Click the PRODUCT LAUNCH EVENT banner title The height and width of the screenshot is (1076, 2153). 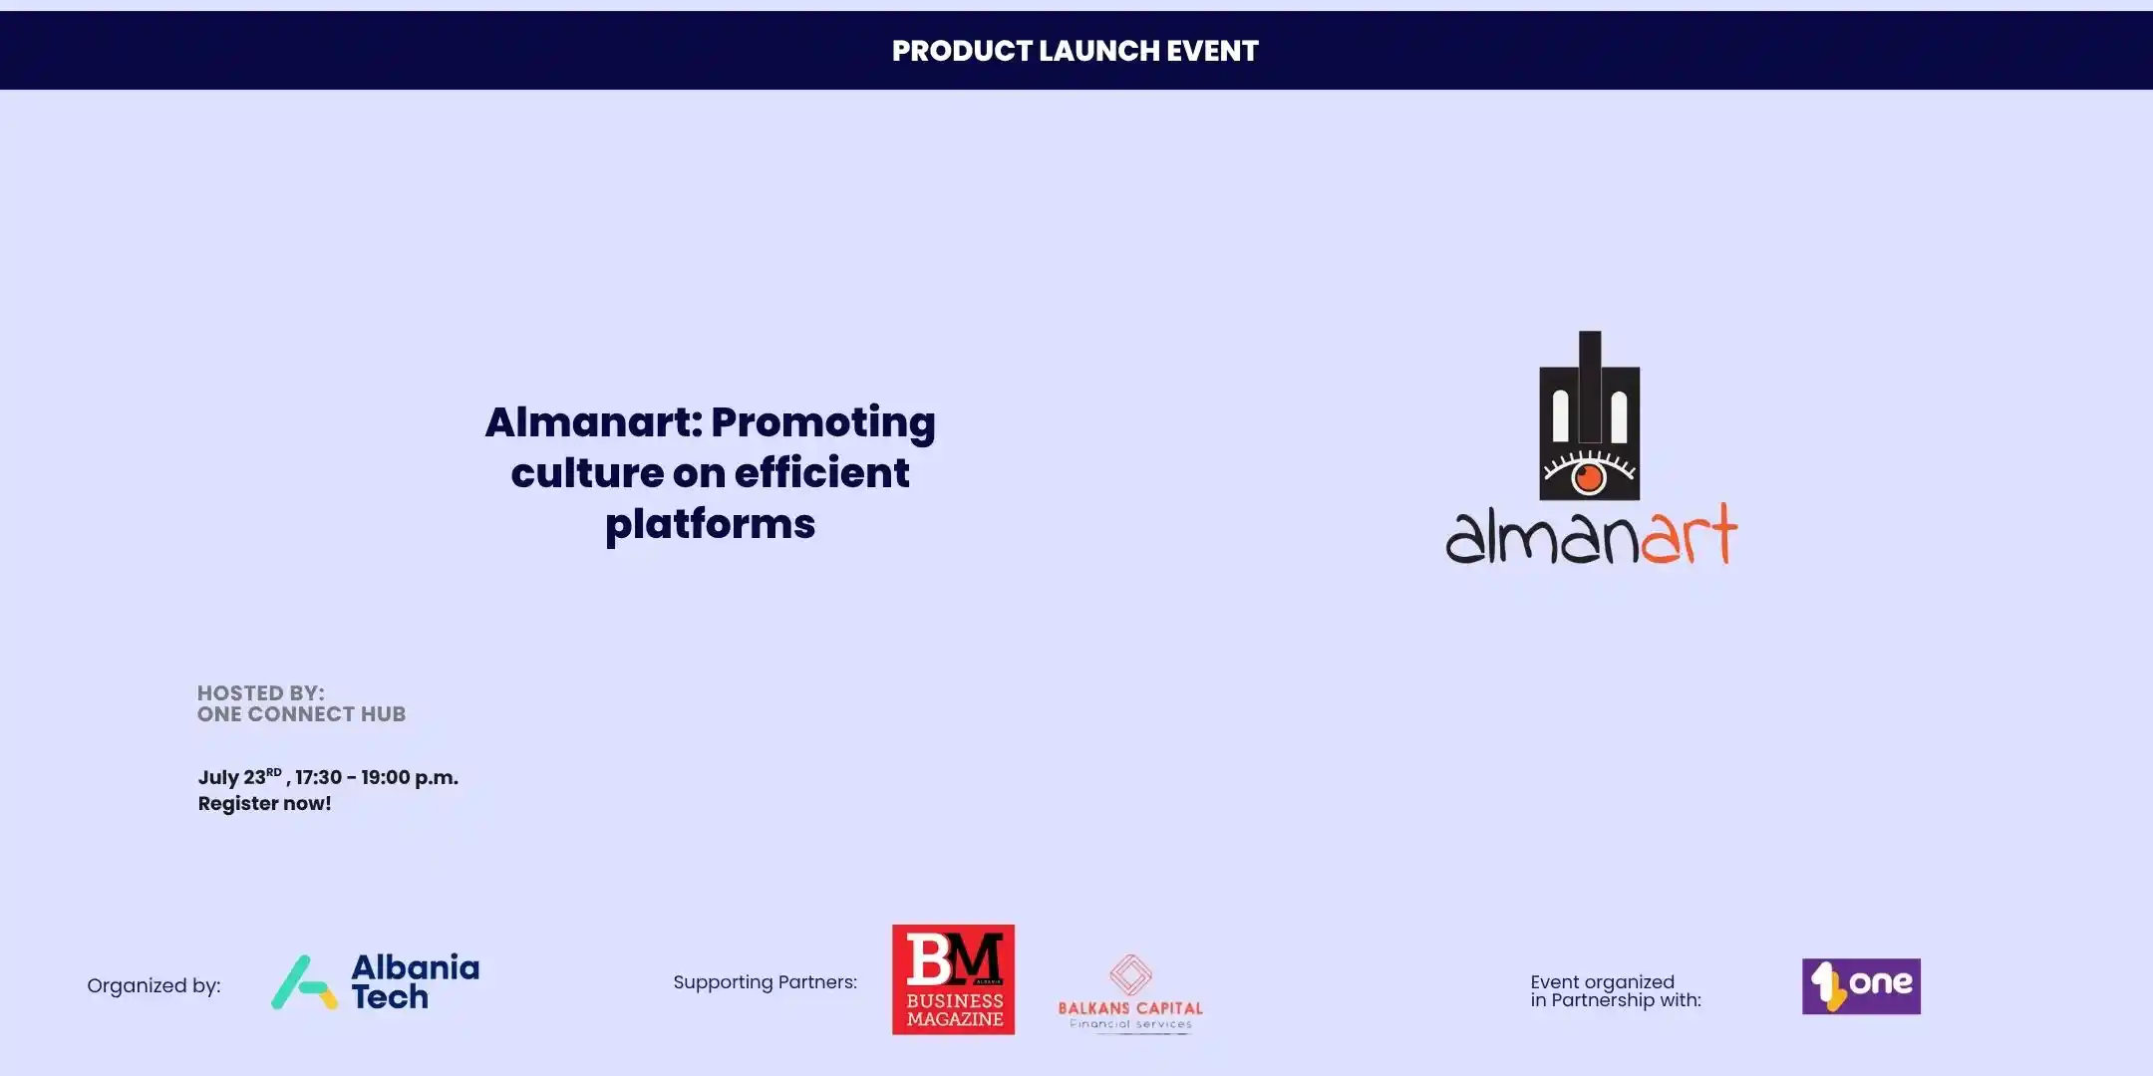tap(1076, 51)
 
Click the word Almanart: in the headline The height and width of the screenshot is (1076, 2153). tap(594, 422)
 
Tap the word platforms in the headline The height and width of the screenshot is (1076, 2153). tap(710, 525)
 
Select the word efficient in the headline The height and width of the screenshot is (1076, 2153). tap(821, 472)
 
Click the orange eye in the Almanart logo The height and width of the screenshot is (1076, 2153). tap(1588, 477)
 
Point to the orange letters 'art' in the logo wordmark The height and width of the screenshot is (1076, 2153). tap(1689, 534)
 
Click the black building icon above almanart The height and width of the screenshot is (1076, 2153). tap(1590, 415)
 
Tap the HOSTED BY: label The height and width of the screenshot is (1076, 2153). tap(260, 693)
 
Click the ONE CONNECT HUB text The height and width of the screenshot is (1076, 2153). tap(301, 714)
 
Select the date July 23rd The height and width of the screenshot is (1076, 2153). tap(240, 777)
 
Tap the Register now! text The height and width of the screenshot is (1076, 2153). tap(264, 804)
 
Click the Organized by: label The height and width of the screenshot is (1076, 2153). tap(154, 986)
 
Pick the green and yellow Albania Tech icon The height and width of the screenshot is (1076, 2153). tap(304, 982)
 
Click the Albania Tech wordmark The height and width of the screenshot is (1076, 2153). tap(415, 982)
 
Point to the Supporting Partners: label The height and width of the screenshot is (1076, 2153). tap(765, 982)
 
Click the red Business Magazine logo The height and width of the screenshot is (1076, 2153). tap(953, 979)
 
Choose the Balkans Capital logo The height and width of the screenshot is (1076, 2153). tap(1130, 993)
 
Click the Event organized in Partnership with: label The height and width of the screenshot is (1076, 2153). tap(1616, 991)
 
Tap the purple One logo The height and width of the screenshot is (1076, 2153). tap(1861, 986)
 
